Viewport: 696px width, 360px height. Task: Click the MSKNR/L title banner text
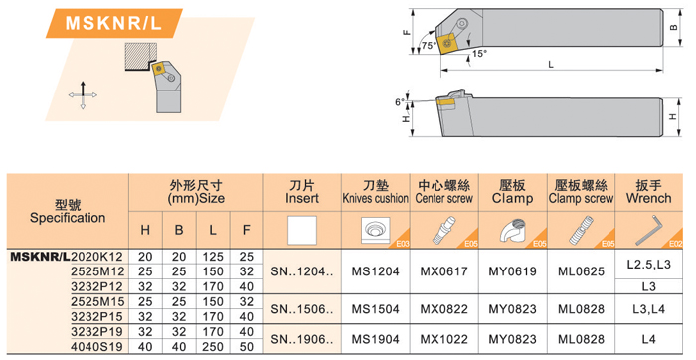coord(113,23)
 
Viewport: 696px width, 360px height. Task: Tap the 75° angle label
coord(430,46)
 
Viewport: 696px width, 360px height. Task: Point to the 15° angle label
coord(480,54)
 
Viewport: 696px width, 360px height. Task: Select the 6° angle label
coord(400,102)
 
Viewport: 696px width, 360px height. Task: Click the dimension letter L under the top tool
coord(551,65)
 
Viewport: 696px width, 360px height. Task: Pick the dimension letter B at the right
coord(673,27)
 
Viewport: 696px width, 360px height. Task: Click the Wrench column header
coord(648,192)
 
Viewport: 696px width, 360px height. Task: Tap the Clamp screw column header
coord(581,192)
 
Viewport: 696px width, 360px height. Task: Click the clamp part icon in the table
coord(512,230)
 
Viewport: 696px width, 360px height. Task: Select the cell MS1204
coord(376,271)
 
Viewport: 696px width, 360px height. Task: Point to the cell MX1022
coord(443,339)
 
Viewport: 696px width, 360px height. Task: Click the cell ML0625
coord(581,271)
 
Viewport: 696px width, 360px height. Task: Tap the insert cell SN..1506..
coord(302,309)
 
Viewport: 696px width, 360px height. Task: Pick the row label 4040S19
coord(97,347)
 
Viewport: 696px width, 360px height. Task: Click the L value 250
coord(213,347)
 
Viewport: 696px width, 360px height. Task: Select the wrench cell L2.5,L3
coord(648,265)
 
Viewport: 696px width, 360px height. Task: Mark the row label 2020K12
coord(97,257)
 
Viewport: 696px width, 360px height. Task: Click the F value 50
coord(247,347)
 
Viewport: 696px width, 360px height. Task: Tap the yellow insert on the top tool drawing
coord(445,43)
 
